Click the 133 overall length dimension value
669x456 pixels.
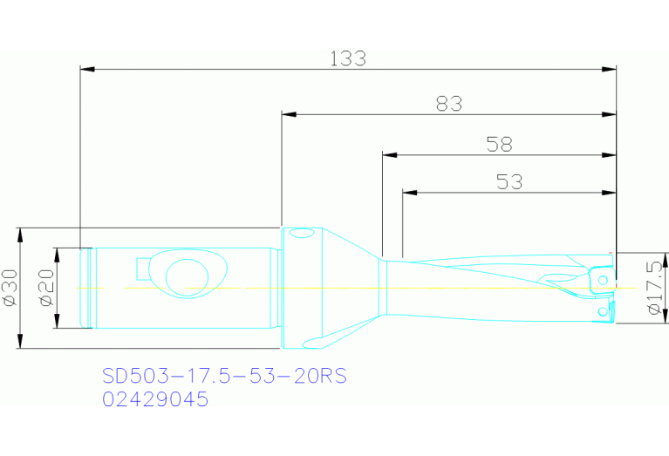tap(347, 58)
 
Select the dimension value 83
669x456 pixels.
tap(448, 104)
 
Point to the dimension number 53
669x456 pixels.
tap(509, 181)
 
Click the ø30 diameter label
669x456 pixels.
tap(11, 288)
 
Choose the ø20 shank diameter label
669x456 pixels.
tap(47, 288)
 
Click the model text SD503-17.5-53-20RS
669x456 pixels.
tap(224, 376)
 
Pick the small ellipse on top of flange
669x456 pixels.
tap(303, 233)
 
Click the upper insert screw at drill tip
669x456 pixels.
tap(602, 280)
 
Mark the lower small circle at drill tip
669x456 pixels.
tap(601, 311)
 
